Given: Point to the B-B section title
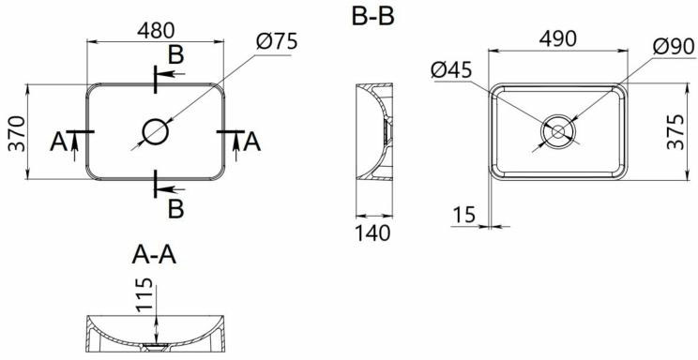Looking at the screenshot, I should tap(372, 18).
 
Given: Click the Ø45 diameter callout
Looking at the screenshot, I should tap(452, 70).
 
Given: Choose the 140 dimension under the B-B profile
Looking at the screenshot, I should tap(372, 232).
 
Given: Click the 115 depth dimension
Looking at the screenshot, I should tap(144, 297).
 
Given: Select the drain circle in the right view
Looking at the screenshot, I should tap(558, 132).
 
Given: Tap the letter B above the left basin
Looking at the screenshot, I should tap(175, 54).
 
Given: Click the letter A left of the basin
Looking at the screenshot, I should tap(58, 142).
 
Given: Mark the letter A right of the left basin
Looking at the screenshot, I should tap(250, 142).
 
